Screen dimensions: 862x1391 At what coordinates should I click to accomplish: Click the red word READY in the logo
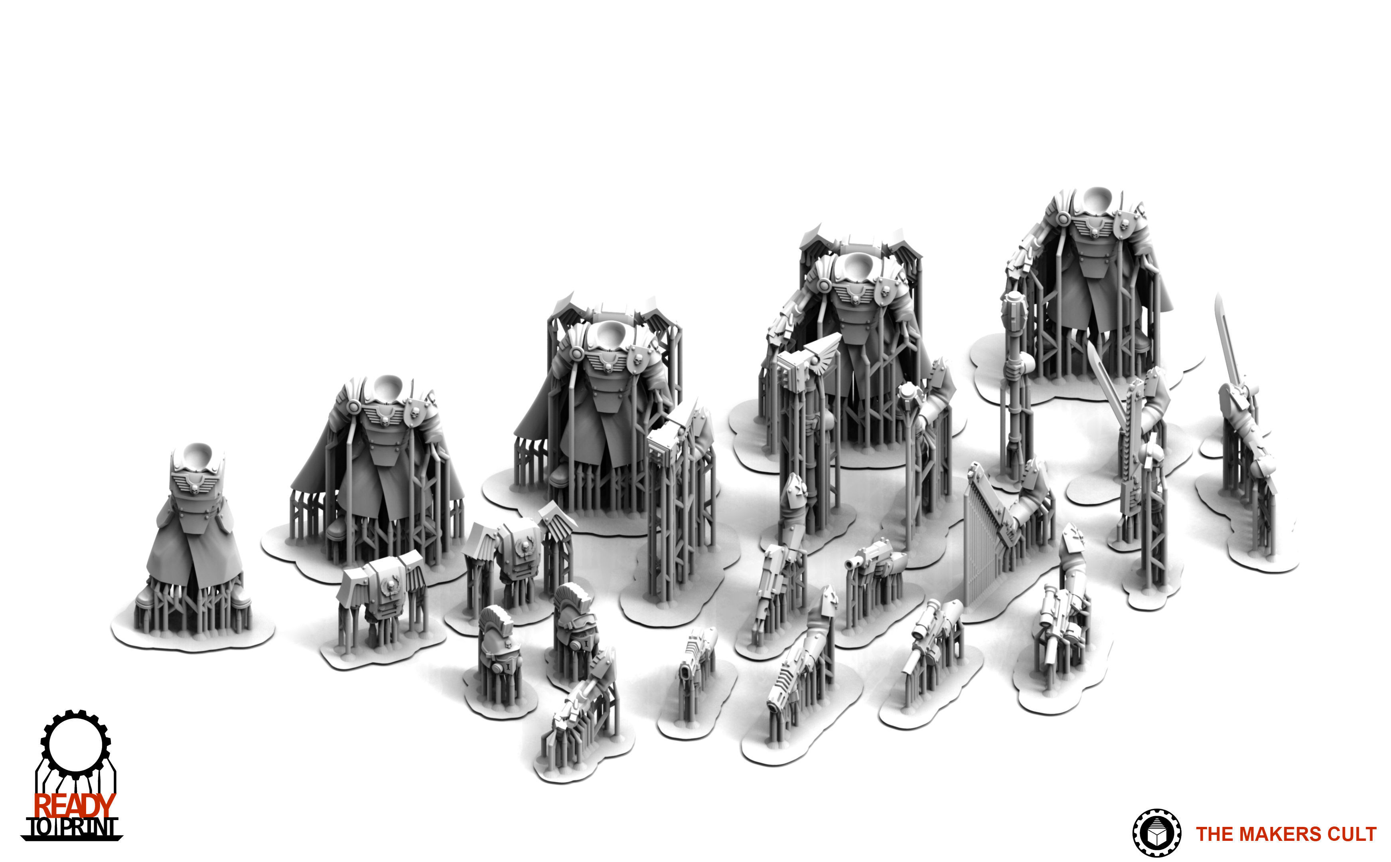point(74,806)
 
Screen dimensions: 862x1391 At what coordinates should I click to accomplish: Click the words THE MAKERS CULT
point(1286,834)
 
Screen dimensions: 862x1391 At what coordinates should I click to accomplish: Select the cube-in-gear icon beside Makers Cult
point(1156,833)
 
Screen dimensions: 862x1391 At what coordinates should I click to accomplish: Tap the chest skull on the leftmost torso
point(194,488)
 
